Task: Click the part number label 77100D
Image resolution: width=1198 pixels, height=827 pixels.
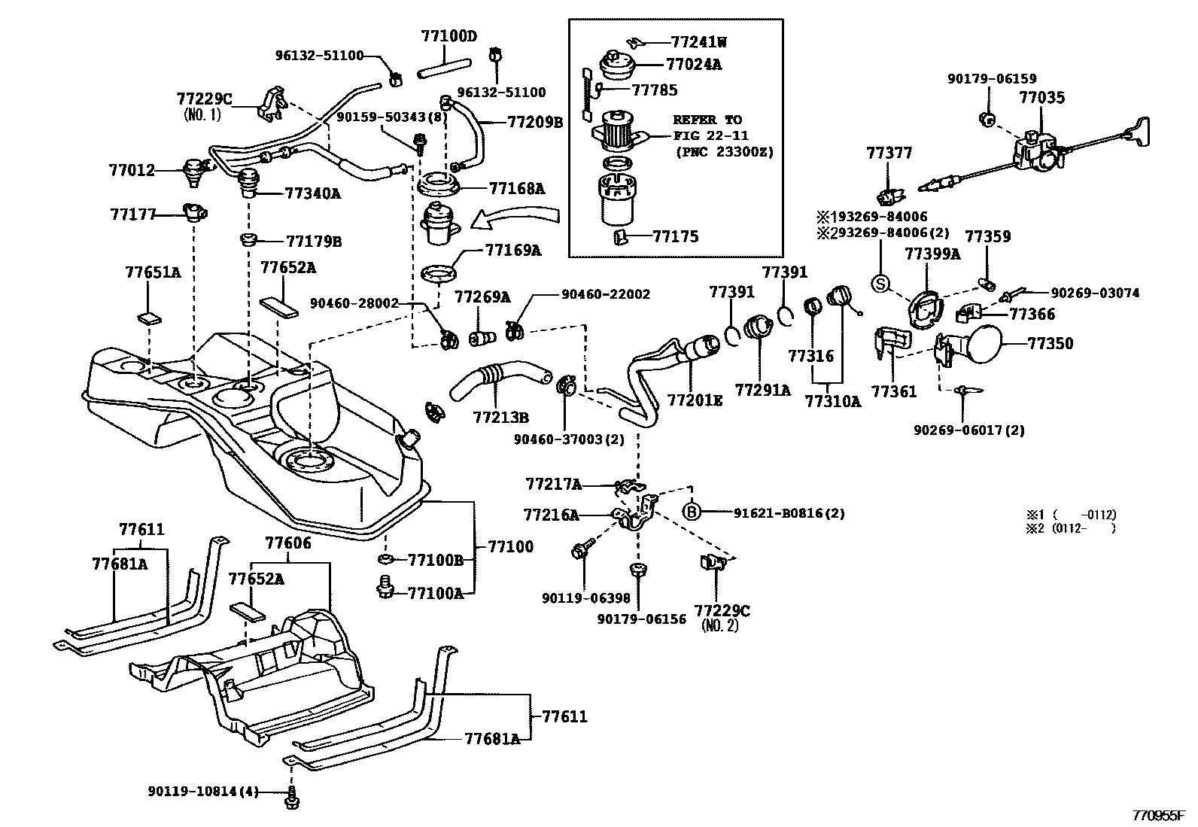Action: coord(449,35)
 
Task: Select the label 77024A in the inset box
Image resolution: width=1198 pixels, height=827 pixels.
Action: coord(693,65)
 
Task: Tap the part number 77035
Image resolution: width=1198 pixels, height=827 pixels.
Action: coord(1042,97)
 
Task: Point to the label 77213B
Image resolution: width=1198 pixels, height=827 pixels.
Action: coord(500,416)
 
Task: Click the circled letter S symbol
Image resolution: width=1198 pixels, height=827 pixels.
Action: coord(880,284)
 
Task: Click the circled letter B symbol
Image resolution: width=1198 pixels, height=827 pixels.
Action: coord(692,512)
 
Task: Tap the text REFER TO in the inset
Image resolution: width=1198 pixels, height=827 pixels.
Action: coord(707,120)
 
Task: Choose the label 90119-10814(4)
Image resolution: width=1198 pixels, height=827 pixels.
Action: coord(203,791)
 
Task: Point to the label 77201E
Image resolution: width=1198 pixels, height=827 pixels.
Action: coord(695,401)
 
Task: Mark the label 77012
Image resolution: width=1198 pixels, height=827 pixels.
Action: coord(132,170)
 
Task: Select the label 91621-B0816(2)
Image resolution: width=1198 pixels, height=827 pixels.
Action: coord(789,513)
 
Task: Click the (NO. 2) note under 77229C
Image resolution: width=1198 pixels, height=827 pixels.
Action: coord(719,625)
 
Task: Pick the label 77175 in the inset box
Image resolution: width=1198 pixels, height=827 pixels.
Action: coord(675,236)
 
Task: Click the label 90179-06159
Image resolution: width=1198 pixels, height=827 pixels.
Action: coord(991,78)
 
